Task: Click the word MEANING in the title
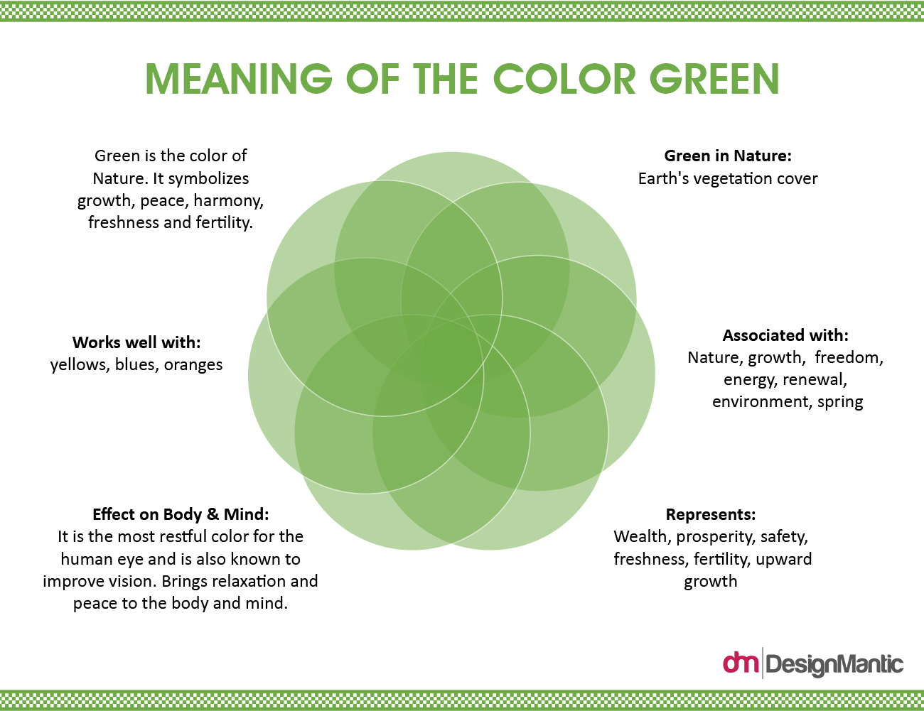(x=239, y=79)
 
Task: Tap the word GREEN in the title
(x=714, y=79)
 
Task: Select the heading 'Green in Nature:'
(x=728, y=156)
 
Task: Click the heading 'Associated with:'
(x=785, y=335)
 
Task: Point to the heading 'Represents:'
(x=711, y=514)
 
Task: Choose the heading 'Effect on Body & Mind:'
(x=181, y=514)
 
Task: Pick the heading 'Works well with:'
(x=136, y=342)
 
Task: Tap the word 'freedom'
(x=849, y=357)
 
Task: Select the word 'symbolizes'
(x=208, y=179)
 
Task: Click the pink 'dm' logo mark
(x=741, y=663)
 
